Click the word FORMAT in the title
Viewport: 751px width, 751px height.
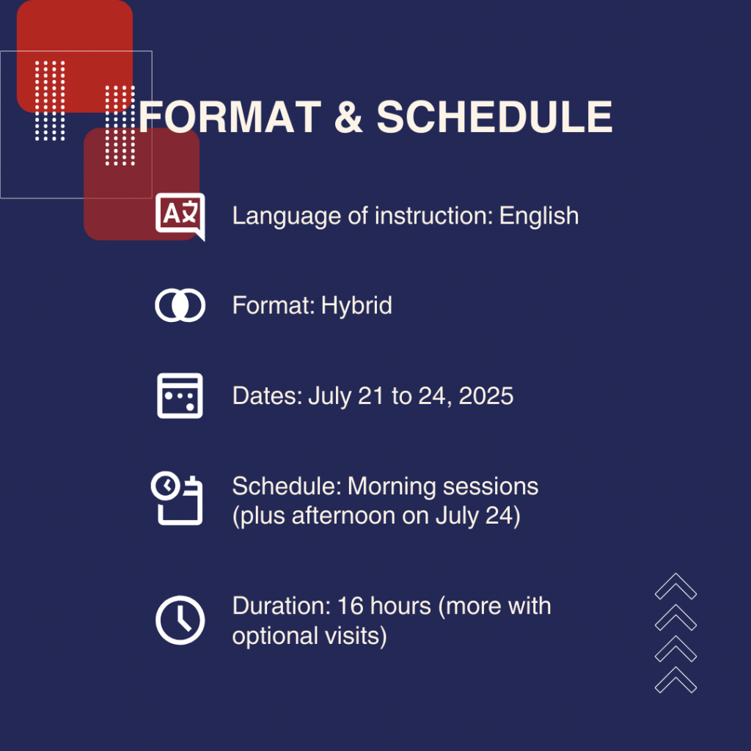tap(230, 117)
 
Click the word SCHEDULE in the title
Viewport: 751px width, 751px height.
tap(494, 117)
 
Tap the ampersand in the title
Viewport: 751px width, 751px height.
tap(348, 117)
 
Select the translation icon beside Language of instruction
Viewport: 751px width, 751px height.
tap(180, 216)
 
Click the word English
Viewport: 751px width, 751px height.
tap(539, 216)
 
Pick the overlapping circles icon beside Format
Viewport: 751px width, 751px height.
tap(180, 305)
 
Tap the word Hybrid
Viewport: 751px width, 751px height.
tap(356, 306)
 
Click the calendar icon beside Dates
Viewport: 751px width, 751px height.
tap(180, 395)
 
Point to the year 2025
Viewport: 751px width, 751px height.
tap(486, 396)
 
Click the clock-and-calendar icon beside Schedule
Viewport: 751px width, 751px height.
tap(177, 498)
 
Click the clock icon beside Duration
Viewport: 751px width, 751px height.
tap(180, 620)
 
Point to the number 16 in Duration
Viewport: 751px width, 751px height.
tap(351, 607)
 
